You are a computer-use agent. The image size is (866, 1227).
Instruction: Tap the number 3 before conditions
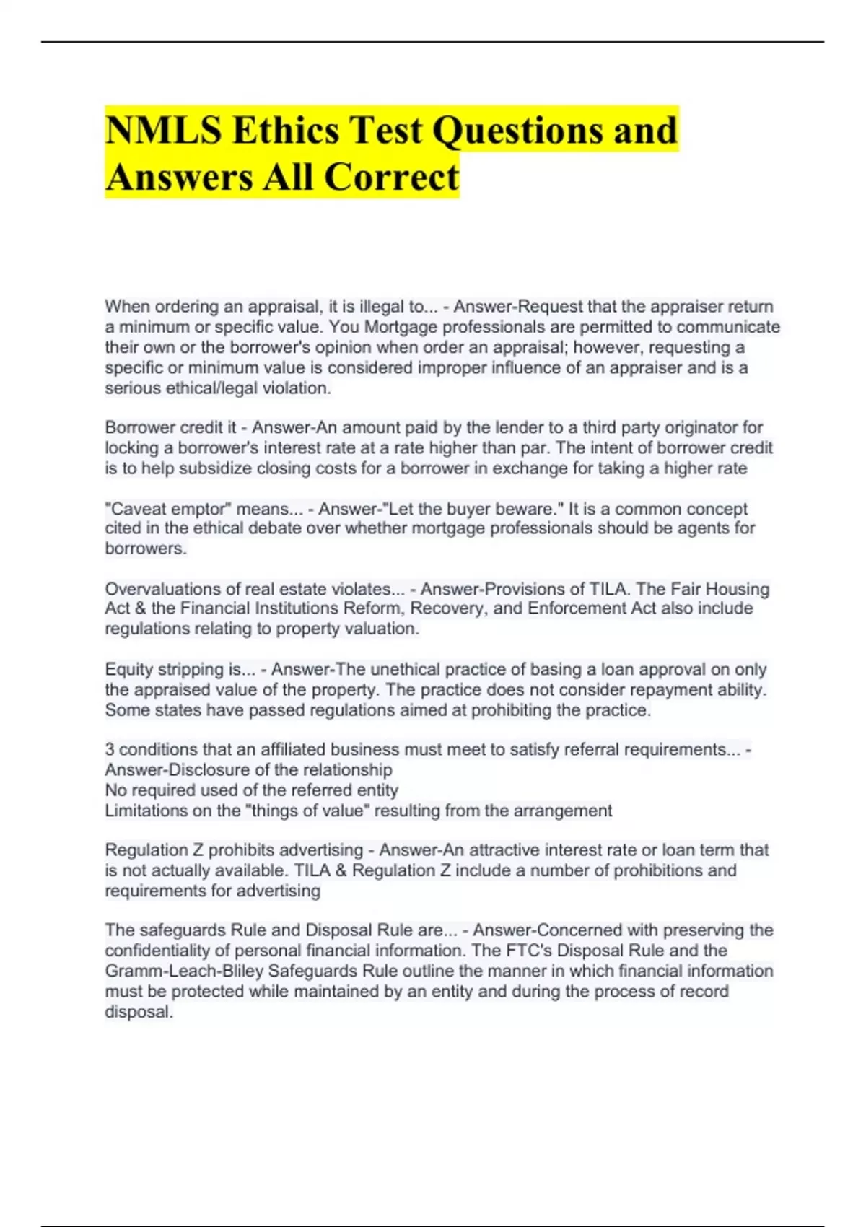point(110,749)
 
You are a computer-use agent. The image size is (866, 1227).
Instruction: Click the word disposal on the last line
point(139,1012)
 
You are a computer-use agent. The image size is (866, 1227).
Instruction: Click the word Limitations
point(145,811)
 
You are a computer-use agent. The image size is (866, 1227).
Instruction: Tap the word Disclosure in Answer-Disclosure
point(208,769)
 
